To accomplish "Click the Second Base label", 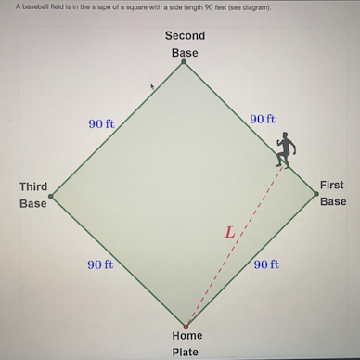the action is (185, 45).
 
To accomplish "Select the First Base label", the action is (332, 193).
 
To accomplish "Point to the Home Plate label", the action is (186, 343).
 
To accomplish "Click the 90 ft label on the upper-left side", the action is (101, 123).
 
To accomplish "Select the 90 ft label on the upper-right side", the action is (263, 120).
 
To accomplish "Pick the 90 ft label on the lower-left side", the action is (100, 264).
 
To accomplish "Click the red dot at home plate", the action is (186, 327).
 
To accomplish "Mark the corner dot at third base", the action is (51, 196).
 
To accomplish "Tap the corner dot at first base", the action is (315, 194).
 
